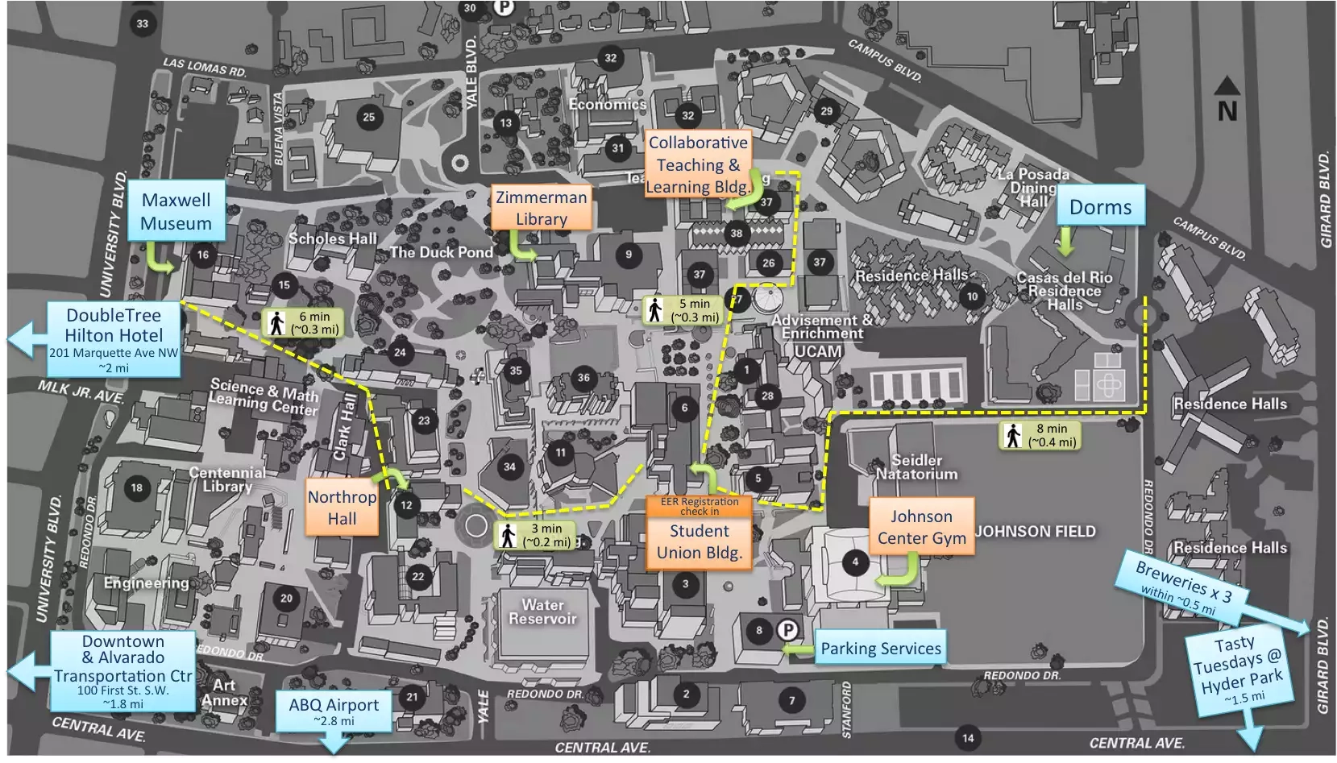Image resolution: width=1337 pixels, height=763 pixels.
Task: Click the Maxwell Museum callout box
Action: tap(176, 211)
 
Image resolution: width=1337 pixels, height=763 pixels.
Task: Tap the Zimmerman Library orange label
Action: tap(541, 208)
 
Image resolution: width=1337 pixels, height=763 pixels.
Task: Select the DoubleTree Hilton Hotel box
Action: tap(114, 339)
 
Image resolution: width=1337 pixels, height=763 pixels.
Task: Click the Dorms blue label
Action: tap(1100, 207)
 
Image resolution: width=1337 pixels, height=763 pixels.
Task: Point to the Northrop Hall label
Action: tap(342, 507)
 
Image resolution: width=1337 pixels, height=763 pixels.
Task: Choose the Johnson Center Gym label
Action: tap(921, 527)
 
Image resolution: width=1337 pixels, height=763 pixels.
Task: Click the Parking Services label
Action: tap(880, 648)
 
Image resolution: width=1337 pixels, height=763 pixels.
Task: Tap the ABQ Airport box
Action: tap(334, 710)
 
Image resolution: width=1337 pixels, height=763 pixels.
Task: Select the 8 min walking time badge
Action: tap(1040, 435)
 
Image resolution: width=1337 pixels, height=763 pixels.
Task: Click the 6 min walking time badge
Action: tap(304, 322)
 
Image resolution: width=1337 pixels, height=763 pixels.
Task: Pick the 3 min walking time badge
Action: tap(535, 535)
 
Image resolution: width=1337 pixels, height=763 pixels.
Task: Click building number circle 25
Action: tap(368, 117)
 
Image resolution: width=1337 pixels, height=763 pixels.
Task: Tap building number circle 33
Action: tap(143, 23)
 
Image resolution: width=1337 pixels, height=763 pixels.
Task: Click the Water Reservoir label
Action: tap(542, 612)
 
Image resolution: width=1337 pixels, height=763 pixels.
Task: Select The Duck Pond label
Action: tap(441, 252)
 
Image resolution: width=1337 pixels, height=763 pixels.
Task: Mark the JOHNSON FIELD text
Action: tap(1036, 532)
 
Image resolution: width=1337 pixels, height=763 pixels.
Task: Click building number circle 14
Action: tap(968, 737)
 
